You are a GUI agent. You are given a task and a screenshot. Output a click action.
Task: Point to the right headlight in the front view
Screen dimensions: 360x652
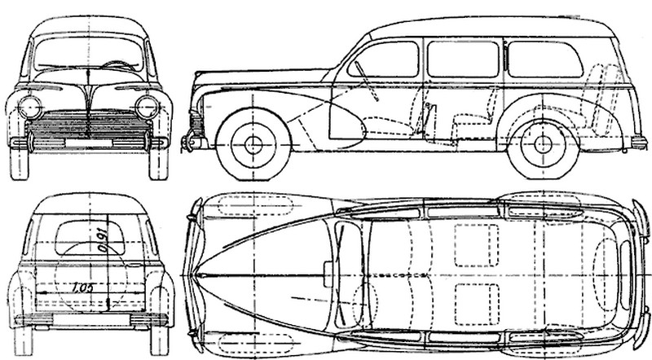pyautogui.click(x=148, y=105)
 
